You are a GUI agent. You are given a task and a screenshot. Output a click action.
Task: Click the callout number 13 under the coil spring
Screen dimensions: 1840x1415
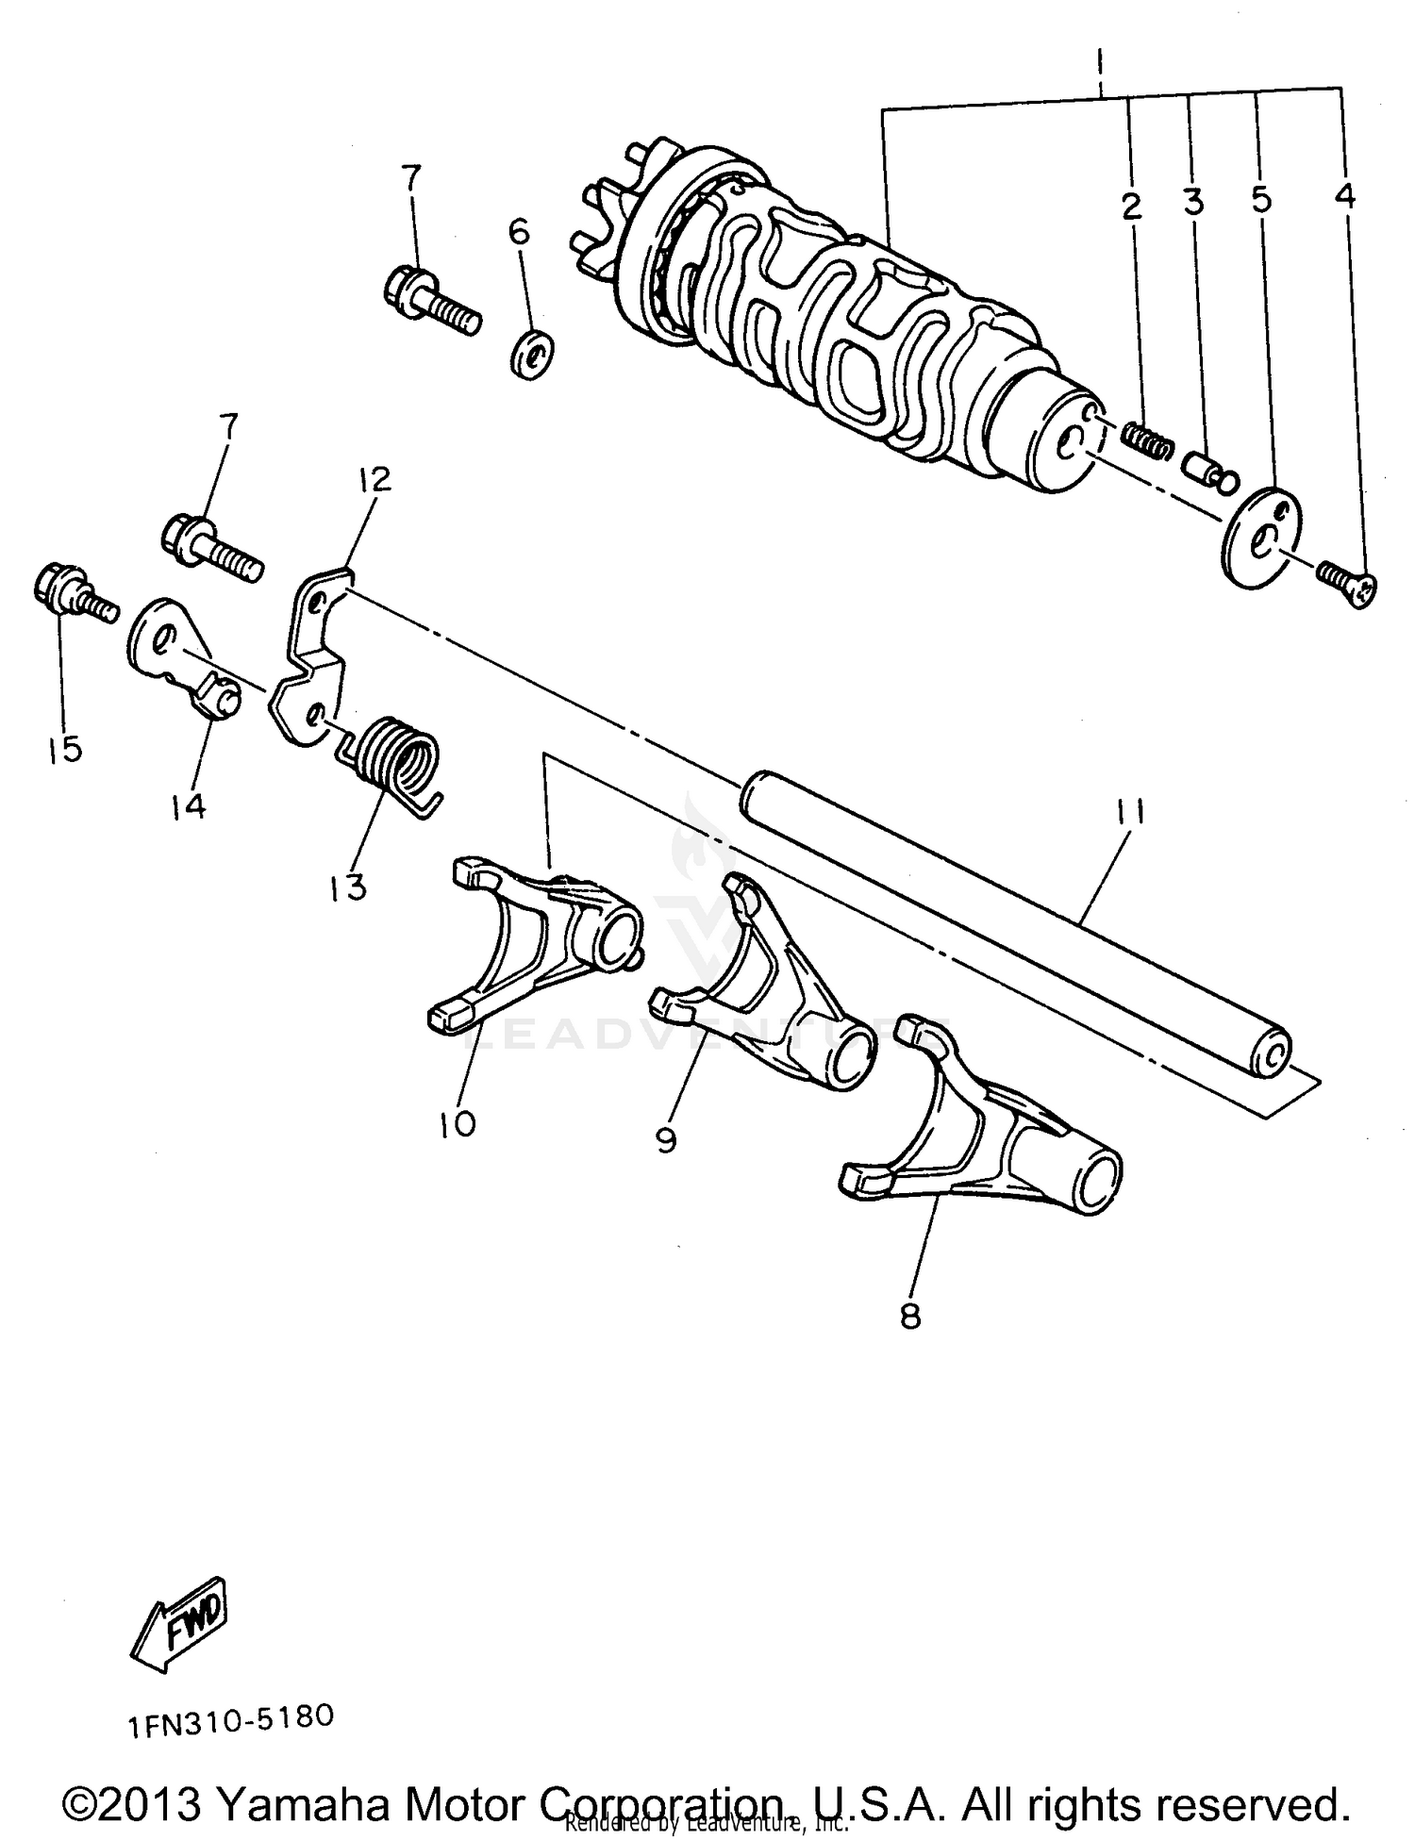click(x=348, y=886)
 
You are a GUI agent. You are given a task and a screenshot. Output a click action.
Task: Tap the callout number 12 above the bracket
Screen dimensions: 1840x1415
click(x=375, y=479)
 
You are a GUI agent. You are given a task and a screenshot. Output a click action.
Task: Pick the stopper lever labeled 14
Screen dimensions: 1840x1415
click(x=184, y=660)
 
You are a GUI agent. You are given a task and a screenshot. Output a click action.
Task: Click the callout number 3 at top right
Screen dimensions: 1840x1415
click(x=1192, y=201)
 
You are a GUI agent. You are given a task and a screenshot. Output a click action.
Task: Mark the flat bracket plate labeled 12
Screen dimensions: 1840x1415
click(x=311, y=660)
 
